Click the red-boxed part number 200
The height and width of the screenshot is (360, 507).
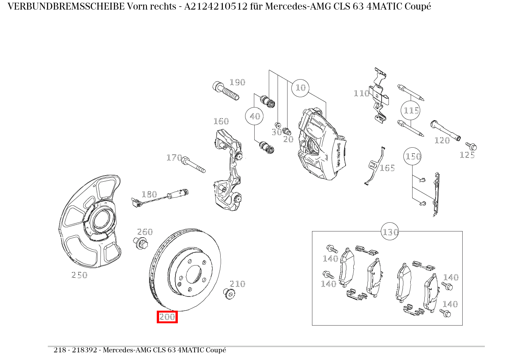(167, 317)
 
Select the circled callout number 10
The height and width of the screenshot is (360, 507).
(301, 88)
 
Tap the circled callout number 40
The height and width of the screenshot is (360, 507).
(255, 116)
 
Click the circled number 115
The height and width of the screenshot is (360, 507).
(411, 111)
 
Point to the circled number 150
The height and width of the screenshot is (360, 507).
(413, 156)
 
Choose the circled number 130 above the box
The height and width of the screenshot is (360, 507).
(390, 232)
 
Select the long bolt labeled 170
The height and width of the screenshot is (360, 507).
(194, 165)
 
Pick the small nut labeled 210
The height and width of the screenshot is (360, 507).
(229, 294)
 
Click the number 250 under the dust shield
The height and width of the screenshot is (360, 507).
(79, 275)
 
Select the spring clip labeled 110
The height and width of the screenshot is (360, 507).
(381, 96)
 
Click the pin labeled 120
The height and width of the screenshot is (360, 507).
(446, 130)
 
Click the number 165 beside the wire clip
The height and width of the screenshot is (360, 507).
(387, 168)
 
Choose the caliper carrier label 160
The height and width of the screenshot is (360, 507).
(221, 121)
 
